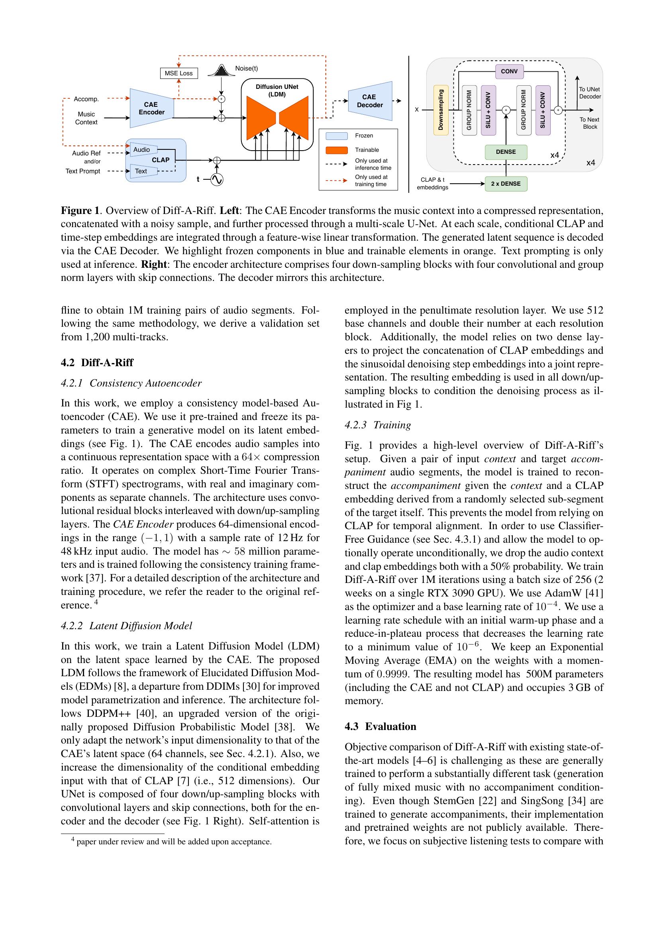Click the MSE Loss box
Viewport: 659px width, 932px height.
(178, 73)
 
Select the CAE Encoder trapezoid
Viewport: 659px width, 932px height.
(151, 108)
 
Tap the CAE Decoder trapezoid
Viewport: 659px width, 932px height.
(370, 101)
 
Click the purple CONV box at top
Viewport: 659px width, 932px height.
(509, 71)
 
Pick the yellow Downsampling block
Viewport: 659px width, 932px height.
(441, 110)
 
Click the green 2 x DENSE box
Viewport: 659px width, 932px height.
(506, 183)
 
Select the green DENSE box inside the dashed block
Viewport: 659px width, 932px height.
(506, 152)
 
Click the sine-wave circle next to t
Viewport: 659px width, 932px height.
(217, 179)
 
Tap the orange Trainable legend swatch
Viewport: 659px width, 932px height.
(336, 150)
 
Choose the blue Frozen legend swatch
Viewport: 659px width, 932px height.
(336, 135)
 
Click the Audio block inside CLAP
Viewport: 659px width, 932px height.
(142, 150)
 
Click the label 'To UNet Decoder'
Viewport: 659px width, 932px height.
(590, 93)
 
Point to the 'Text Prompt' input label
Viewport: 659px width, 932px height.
(83, 171)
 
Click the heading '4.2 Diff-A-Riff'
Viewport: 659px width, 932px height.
(97, 363)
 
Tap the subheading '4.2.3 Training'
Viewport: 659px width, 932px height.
(377, 425)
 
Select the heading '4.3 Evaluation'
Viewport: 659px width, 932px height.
(380, 726)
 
